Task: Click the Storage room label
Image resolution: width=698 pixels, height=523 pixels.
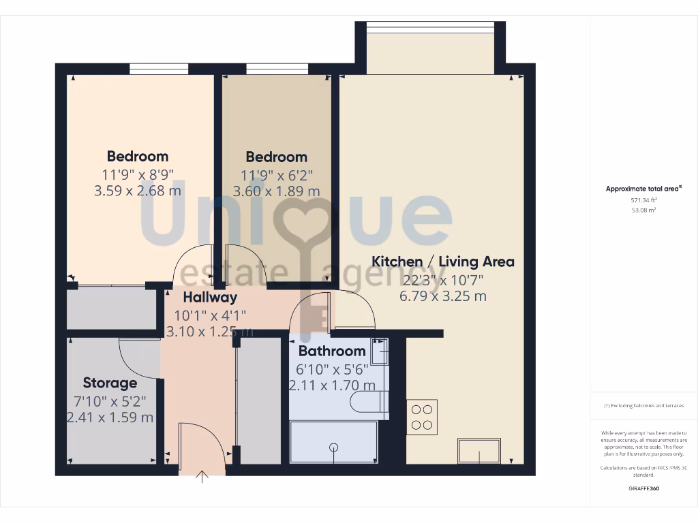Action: (110, 383)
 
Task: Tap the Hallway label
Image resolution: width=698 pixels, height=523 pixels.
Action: (210, 298)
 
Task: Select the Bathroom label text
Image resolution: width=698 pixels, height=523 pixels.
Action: (332, 351)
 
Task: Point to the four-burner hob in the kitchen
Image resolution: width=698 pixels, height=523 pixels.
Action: (422, 417)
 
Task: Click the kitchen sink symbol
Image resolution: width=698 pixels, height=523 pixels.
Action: (479, 450)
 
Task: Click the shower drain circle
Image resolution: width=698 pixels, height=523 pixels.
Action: (334, 447)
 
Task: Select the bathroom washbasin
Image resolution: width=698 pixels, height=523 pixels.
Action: (380, 351)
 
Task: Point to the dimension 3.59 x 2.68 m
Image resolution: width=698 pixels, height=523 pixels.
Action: (138, 191)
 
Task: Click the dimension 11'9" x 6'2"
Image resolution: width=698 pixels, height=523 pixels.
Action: (276, 174)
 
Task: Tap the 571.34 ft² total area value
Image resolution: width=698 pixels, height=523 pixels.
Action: (643, 201)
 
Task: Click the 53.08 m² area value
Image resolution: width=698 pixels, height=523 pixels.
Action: (643, 210)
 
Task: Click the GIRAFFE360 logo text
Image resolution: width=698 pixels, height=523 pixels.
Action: (643, 488)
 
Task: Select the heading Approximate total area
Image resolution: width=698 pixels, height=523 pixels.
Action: (643, 189)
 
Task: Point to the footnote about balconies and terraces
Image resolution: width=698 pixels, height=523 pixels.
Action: (643, 406)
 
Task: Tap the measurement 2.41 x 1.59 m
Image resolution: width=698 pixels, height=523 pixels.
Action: (110, 417)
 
